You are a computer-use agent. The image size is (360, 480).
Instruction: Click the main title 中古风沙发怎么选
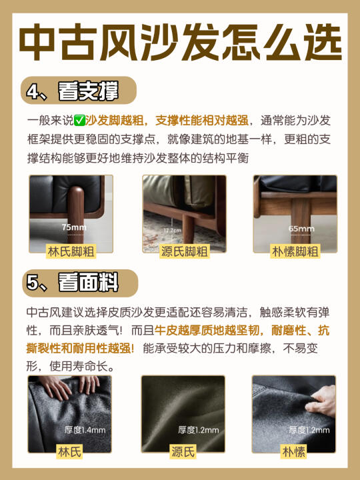180,42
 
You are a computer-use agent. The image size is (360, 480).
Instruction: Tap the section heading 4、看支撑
73,91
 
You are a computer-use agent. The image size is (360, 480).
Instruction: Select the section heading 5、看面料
73,282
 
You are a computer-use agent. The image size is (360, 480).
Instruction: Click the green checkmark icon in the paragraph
79,121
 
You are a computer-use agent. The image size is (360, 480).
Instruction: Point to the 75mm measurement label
74,227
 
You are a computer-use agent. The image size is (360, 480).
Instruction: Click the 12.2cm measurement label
173,230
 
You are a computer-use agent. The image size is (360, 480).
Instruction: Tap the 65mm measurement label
301,229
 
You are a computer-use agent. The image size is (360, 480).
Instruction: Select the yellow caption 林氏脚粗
71,251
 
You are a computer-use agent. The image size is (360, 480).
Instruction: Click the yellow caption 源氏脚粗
185,251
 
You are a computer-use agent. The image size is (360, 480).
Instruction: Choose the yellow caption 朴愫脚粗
295,251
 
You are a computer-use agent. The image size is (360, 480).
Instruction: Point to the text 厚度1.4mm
85,430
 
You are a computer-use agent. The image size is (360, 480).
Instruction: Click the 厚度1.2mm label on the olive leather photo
199,430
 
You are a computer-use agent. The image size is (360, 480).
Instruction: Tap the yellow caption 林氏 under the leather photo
69,451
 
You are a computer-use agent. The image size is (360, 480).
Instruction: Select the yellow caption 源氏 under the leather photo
183,451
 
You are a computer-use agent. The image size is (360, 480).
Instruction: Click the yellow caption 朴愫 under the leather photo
294,451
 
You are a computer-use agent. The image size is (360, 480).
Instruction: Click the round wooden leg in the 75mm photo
75,214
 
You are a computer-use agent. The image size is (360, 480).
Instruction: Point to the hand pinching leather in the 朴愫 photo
321,401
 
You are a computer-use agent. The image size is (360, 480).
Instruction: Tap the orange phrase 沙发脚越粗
115,121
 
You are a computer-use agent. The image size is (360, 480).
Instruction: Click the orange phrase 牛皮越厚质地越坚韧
207,330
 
